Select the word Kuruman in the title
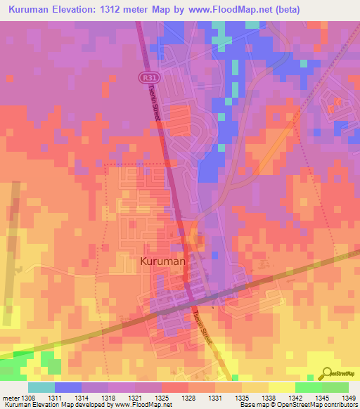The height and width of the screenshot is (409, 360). pyautogui.click(x=32, y=10)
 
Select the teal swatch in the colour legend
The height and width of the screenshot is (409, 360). pyautogui.click(x=41, y=387)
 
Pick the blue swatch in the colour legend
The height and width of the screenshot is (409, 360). pyautogui.click(x=67, y=387)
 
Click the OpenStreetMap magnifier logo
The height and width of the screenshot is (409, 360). pyautogui.click(x=326, y=373)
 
